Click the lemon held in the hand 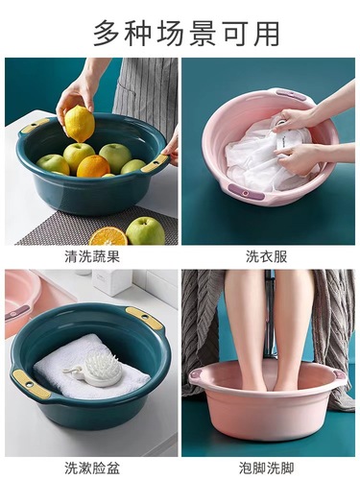(79, 123)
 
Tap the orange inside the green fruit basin (93, 166)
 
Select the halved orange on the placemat (108, 235)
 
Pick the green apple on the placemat (145, 230)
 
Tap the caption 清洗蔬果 (91, 256)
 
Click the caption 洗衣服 (269, 256)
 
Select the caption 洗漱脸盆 (91, 468)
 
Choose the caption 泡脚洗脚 (269, 468)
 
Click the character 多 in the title (108, 32)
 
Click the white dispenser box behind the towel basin (114, 281)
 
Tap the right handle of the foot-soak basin (339, 373)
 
